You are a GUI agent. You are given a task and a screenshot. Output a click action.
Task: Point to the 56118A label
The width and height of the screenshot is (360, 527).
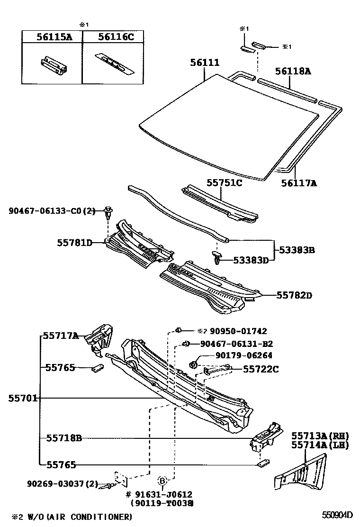293,72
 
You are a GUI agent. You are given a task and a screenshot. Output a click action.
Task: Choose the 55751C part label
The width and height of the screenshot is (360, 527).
224,182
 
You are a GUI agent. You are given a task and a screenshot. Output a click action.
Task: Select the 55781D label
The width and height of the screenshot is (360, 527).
74,243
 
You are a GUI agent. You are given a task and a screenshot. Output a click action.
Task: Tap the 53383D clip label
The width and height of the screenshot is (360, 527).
251,260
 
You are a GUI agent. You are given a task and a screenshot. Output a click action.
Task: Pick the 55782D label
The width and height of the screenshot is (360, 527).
295,295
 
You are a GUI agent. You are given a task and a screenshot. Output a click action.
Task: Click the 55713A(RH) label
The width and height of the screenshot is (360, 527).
313,436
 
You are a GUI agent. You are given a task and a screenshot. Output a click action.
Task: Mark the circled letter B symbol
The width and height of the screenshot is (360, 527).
162,481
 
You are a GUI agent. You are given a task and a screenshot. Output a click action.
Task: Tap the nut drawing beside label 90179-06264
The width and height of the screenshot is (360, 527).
194,364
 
